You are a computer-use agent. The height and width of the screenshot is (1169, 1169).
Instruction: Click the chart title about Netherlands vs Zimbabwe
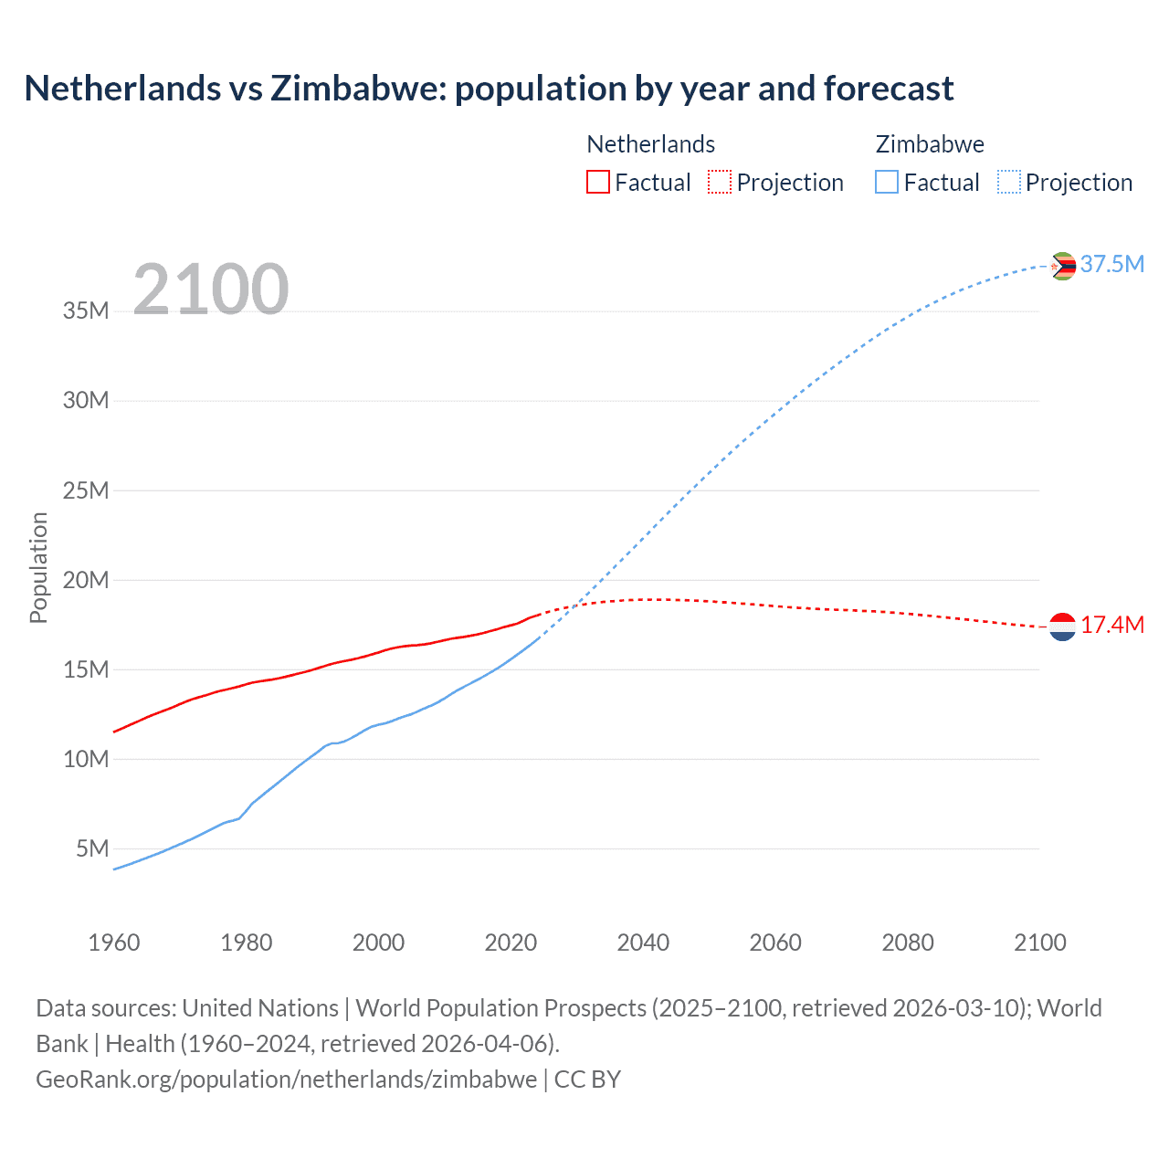(x=489, y=89)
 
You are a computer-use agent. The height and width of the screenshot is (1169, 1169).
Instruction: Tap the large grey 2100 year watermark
(x=211, y=290)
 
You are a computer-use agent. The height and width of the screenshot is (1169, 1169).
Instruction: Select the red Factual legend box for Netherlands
(x=597, y=182)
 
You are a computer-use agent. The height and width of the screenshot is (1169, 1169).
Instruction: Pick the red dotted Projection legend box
(x=720, y=182)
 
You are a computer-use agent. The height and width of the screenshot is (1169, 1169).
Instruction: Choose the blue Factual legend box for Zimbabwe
(x=887, y=182)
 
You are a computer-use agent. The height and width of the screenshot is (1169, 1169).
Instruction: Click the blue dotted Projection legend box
(x=1009, y=182)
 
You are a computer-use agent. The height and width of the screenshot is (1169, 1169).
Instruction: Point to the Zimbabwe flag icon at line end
(x=1063, y=266)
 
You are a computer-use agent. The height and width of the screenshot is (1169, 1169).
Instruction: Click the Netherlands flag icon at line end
(x=1062, y=627)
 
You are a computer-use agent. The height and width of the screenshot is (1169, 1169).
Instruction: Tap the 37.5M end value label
(x=1112, y=265)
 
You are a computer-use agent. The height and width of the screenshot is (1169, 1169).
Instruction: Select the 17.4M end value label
(x=1112, y=626)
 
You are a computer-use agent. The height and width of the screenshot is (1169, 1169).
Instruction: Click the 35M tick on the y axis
(x=86, y=311)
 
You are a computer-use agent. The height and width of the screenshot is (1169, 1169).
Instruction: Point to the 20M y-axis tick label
(x=86, y=580)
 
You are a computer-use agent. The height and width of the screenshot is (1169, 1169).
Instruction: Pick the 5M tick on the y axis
(x=92, y=848)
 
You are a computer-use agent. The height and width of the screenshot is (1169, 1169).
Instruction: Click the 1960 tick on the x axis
(x=114, y=943)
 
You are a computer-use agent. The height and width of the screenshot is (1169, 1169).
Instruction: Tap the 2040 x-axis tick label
(x=643, y=943)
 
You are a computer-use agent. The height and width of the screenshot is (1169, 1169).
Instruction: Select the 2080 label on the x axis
(x=908, y=943)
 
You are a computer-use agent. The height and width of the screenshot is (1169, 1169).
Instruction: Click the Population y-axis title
(x=38, y=567)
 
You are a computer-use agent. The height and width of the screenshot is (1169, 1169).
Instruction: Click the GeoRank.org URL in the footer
(x=286, y=1079)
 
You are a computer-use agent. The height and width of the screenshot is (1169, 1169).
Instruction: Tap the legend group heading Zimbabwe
(x=930, y=144)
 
